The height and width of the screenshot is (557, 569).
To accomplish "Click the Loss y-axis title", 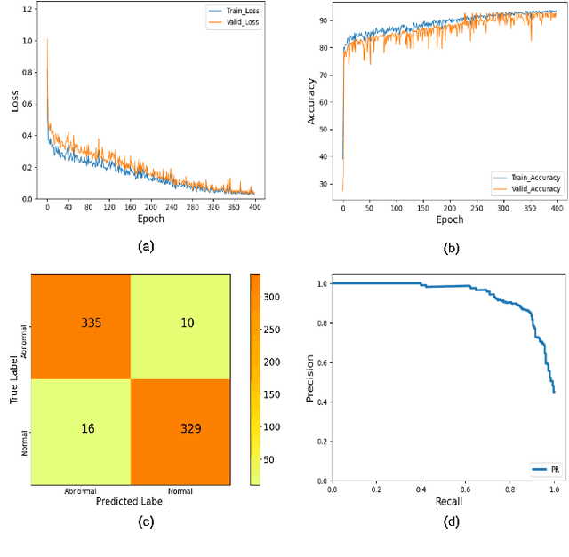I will click(x=13, y=104).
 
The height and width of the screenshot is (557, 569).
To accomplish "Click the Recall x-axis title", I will click(x=449, y=502).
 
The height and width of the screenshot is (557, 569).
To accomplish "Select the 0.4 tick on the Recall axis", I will click(x=421, y=489).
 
